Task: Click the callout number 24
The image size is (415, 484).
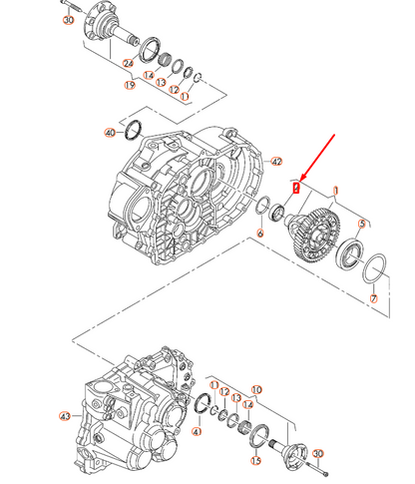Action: tap(128, 63)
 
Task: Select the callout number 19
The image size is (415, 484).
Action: tap(129, 86)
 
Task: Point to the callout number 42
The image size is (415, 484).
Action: tap(277, 162)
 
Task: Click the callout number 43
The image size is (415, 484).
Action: tap(66, 415)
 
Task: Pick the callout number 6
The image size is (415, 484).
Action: tap(259, 234)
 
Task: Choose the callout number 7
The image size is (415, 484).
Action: tap(373, 298)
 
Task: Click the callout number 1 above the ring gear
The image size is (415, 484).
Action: tap(337, 190)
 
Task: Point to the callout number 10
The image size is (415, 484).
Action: tap(255, 390)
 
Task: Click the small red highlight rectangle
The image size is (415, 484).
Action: tap(295, 187)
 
